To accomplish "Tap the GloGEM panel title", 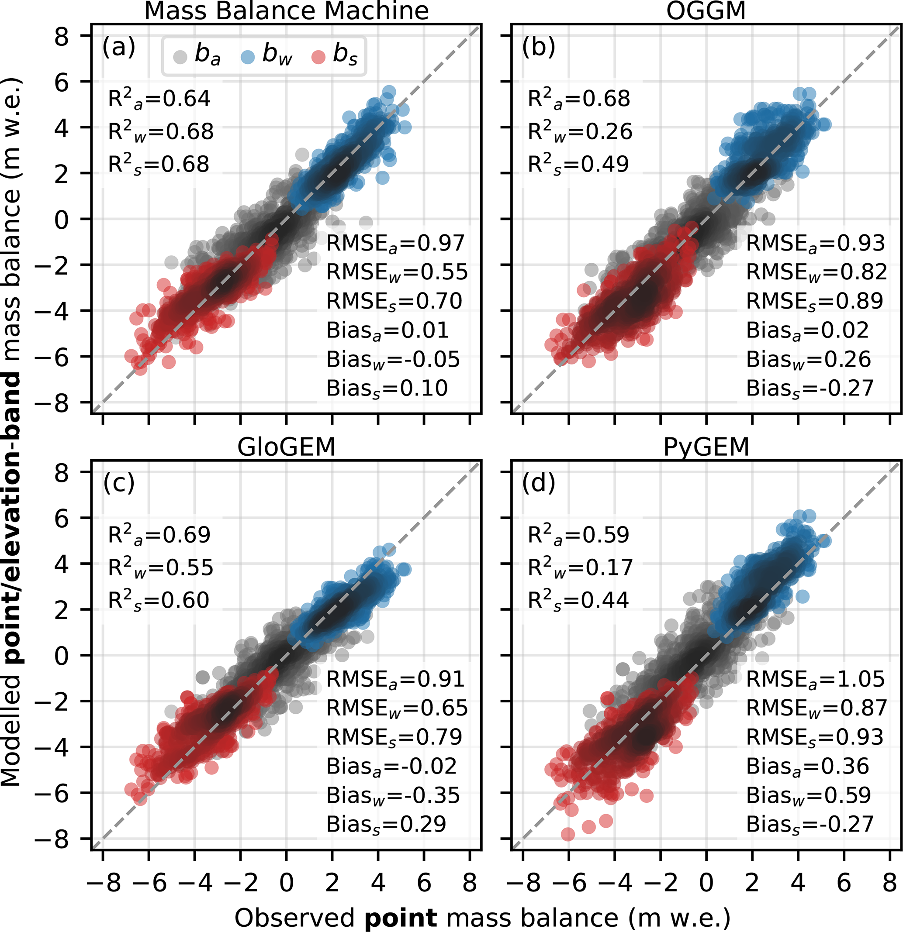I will pyautogui.click(x=287, y=447).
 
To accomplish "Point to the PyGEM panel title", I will pyautogui.click(x=706, y=447).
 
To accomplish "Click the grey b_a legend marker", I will pyautogui.click(x=180, y=57).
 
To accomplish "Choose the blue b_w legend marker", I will pyautogui.click(x=248, y=57).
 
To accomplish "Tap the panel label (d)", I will pyautogui.click(x=539, y=483).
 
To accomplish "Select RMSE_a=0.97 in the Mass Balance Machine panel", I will pyautogui.click(x=395, y=244).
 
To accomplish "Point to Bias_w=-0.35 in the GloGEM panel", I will pyautogui.click(x=393, y=795).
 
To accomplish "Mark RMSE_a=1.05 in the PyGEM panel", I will pyautogui.click(x=815, y=679).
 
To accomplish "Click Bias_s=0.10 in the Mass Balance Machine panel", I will pyautogui.click(x=387, y=389).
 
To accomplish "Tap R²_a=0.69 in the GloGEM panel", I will pyautogui.click(x=159, y=535).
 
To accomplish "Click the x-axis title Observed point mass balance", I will pyautogui.click(x=482, y=917).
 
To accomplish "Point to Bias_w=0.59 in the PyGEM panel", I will pyautogui.click(x=808, y=795).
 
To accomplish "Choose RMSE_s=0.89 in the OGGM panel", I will pyautogui.click(x=814, y=302).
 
